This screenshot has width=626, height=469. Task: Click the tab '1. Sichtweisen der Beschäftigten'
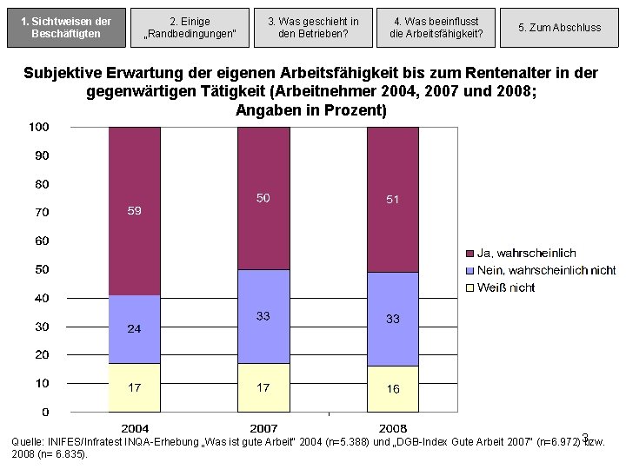pyautogui.click(x=66, y=28)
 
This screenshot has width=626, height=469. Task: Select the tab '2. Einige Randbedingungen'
pyautogui.click(x=190, y=28)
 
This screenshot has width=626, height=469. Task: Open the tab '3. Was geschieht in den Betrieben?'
pyautogui.click(x=313, y=28)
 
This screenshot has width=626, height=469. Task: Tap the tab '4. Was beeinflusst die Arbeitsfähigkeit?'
pyautogui.click(x=436, y=28)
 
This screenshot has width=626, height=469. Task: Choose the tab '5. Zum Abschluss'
pyautogui.click(x=559, y=28)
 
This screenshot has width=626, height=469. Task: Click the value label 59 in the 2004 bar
pyautogui.click(x=135, y=211)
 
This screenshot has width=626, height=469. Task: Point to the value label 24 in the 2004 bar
pyautogui.click(x=135, y=329)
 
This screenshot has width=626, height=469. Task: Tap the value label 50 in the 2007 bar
pyautogui.click(x=263, y=198)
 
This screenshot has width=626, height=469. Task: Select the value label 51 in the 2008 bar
pyautogui.click(x=393, y=200)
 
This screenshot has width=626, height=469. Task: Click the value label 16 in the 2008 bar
pyautogui.click(x=393, y=389)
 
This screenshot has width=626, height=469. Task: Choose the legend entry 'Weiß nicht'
pyautogui.click(x=506, y=287)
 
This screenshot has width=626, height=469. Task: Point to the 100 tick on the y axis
pyautogui.click(x=38, y=127)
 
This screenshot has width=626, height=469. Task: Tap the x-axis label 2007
pyautogui.click(x=263, y=428)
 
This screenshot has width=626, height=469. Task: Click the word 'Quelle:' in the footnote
pyautogui.click(x=29, y=442)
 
